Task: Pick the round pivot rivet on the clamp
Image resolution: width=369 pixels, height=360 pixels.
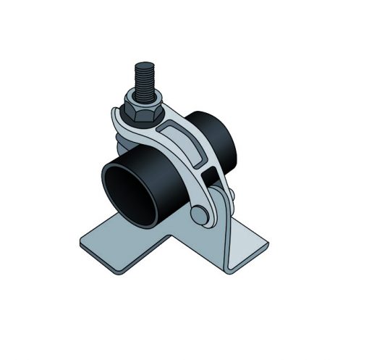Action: pos(198,214)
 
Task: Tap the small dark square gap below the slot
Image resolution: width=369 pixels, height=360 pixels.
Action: pos(210,174)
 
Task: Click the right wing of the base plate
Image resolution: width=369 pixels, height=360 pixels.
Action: pos(250,243)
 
